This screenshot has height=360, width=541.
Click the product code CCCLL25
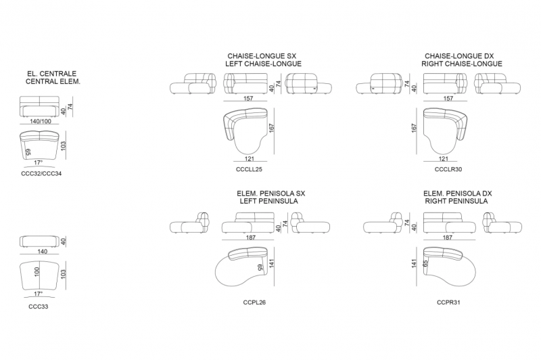(249, 169)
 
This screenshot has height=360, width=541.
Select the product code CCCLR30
(448, 169)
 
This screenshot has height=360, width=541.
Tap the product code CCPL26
(254, 302)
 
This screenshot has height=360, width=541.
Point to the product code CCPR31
(448, 302)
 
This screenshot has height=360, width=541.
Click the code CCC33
(39, 307)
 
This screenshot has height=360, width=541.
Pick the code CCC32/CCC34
(41, 174)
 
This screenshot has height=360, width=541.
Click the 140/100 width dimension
(41, 121)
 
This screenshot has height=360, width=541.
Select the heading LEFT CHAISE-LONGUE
(263, 64)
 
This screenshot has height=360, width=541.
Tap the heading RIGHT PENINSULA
(456, 201)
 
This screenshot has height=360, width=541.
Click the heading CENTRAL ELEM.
(53, 82)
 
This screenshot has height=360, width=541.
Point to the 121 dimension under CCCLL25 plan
(249, 159)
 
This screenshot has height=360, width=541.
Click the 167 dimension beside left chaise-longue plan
(272, 128)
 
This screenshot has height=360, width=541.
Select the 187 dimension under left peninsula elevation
(251, 238)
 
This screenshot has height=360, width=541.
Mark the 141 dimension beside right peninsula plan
(414, 263)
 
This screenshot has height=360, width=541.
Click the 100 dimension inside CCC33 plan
(37, 271)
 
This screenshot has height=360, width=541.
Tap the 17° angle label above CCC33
(38, 294)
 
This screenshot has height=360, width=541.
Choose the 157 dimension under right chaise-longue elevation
(448, 98)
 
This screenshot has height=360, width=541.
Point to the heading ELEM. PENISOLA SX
(271, 194)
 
